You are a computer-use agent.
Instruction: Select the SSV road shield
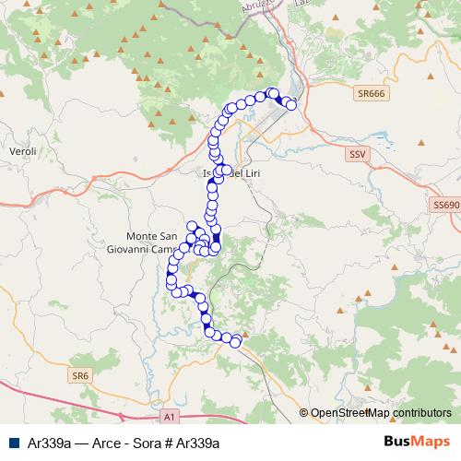pyautogui.click(x=358, y=155)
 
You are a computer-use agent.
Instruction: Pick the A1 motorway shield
pyautogui.click(x=169, y=417)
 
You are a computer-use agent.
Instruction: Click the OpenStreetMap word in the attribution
pyautogui.click(x=349, y=414)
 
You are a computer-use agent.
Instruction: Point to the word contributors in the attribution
pyautogui.click(x=420, y=414)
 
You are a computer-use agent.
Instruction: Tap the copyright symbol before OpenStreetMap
pyautogui.click(x=303, y=414)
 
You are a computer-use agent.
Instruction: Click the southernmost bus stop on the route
pyautogui.click(x=235, y=342)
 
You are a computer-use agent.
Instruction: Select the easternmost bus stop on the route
pyautogui.click(x=291, y=106)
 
